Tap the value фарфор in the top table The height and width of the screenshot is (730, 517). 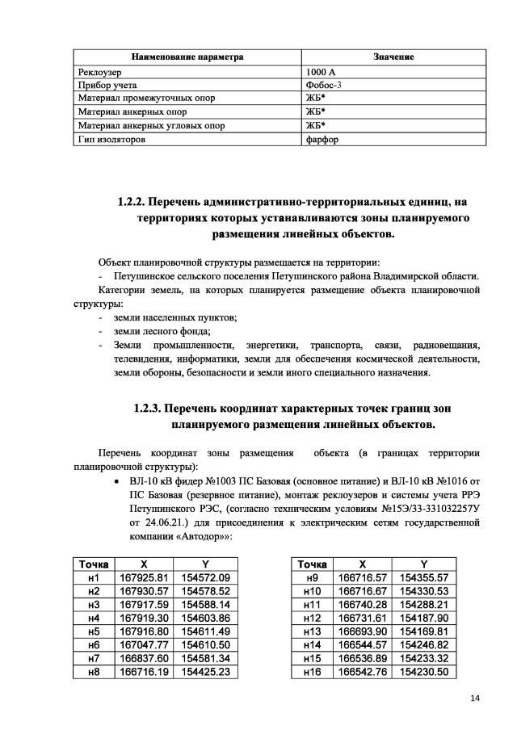click(322, 139)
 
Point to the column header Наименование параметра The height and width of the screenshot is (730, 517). click(187, 58)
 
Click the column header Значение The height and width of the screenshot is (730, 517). click(393, 58)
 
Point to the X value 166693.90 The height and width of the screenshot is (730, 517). click(362, 631)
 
